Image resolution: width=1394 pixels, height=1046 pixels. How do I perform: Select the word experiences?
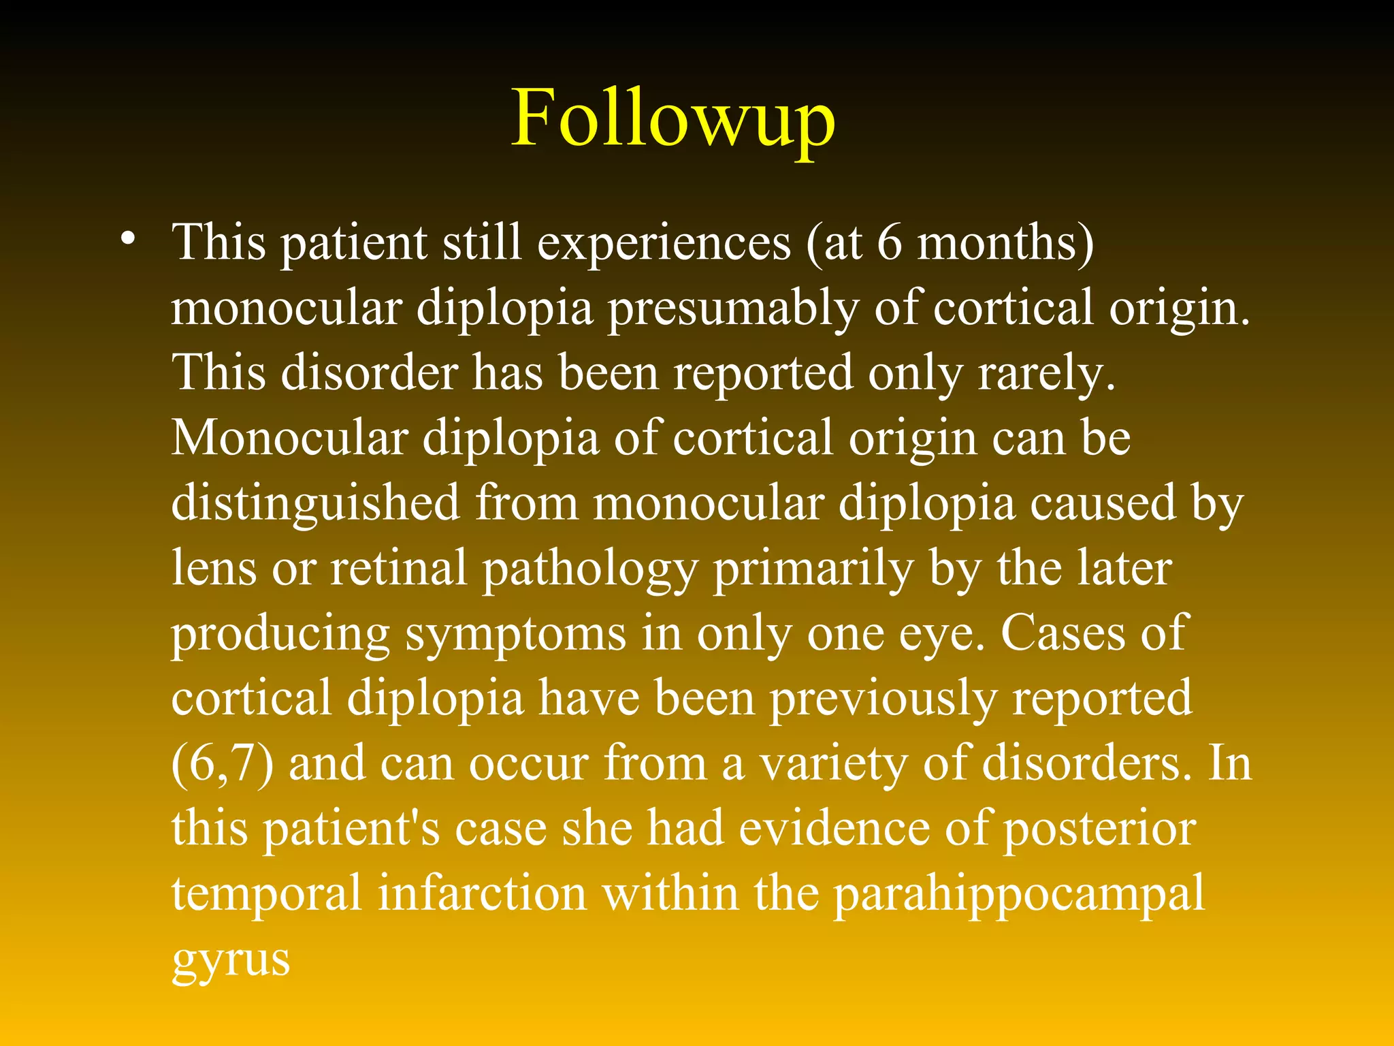click(664, 243)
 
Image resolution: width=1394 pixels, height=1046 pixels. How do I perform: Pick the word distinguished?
click(315, 505)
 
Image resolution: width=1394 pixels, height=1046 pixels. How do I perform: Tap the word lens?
click(214, 568)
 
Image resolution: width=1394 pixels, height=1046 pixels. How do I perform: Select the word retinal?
click(398, 568)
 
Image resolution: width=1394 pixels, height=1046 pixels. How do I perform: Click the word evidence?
click(834, 829)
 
